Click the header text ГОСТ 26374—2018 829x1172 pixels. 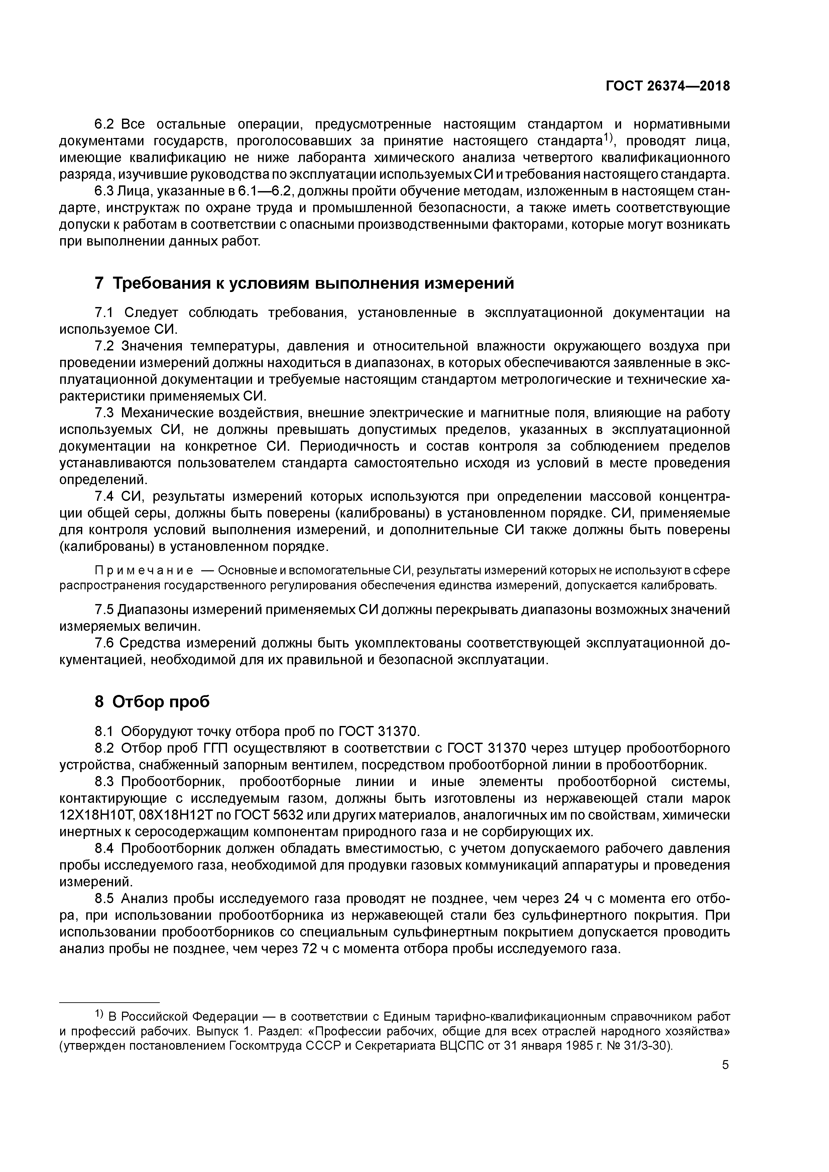pyautogui.click(x=668, y=86)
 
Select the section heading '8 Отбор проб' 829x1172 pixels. pyautogui.click(x=152, y=702)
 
